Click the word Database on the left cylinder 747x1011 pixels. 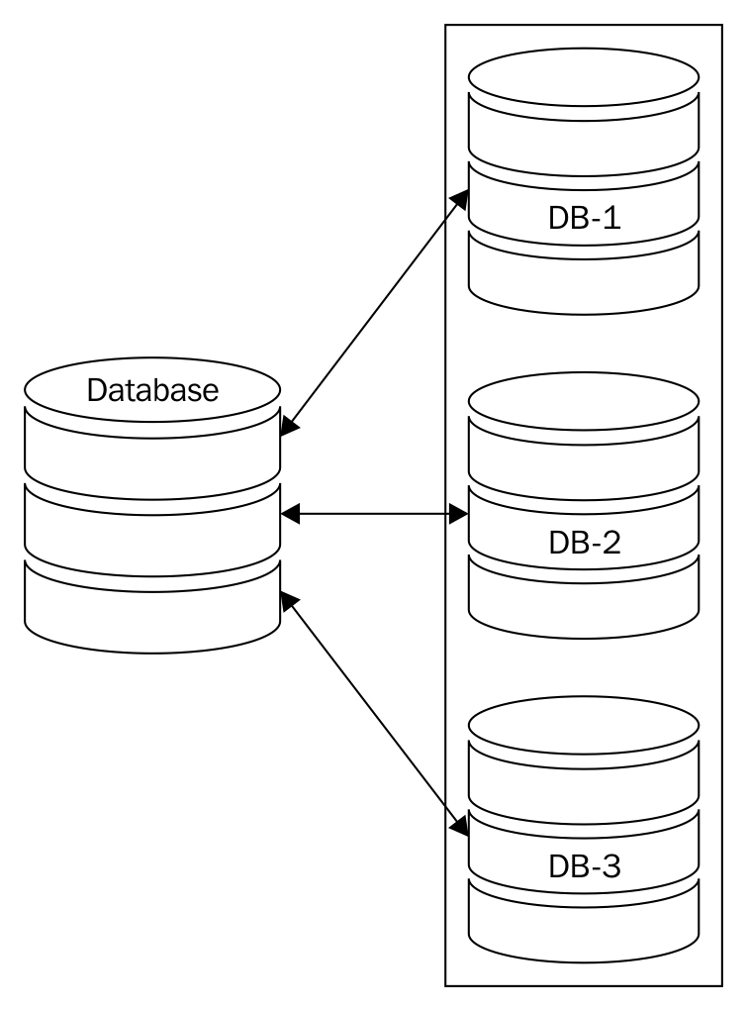tap(152, 390)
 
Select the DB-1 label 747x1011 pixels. tap(584, 218)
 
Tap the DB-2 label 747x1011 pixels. tap(584, 543)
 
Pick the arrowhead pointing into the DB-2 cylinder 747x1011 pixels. tap(459, 514)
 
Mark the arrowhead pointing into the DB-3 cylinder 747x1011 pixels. tap(460, 824)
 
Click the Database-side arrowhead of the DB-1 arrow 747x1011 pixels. tap(289, 428)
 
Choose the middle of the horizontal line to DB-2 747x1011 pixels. tap(375, 514)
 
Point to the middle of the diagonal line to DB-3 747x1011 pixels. tap(375, 711)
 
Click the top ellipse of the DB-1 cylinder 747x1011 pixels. tap(584, 76)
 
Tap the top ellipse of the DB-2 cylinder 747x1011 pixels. tap(584, 401)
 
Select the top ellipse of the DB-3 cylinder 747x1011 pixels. tap(584, 726)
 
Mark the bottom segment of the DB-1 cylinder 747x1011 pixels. tap(584, 277)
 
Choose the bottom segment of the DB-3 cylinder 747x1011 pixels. tap(584, 926)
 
